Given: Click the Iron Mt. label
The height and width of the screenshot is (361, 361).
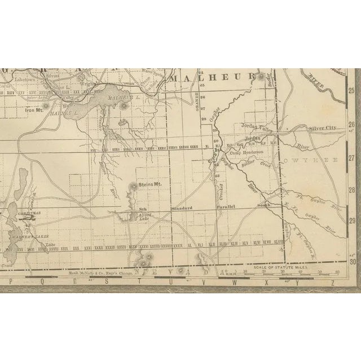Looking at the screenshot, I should pyautogui.click(x=34, y=110).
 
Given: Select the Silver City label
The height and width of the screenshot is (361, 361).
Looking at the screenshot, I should pyautogui.click(x=322, y=128).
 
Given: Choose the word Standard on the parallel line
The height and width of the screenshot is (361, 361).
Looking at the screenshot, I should pyautogui.click(x=182, y=208).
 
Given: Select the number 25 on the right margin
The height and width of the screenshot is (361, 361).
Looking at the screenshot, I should pyautogui.click(x=351, y=90).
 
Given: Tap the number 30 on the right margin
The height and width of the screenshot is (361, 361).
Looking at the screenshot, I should pyautogui.click(x=353, y=261).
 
